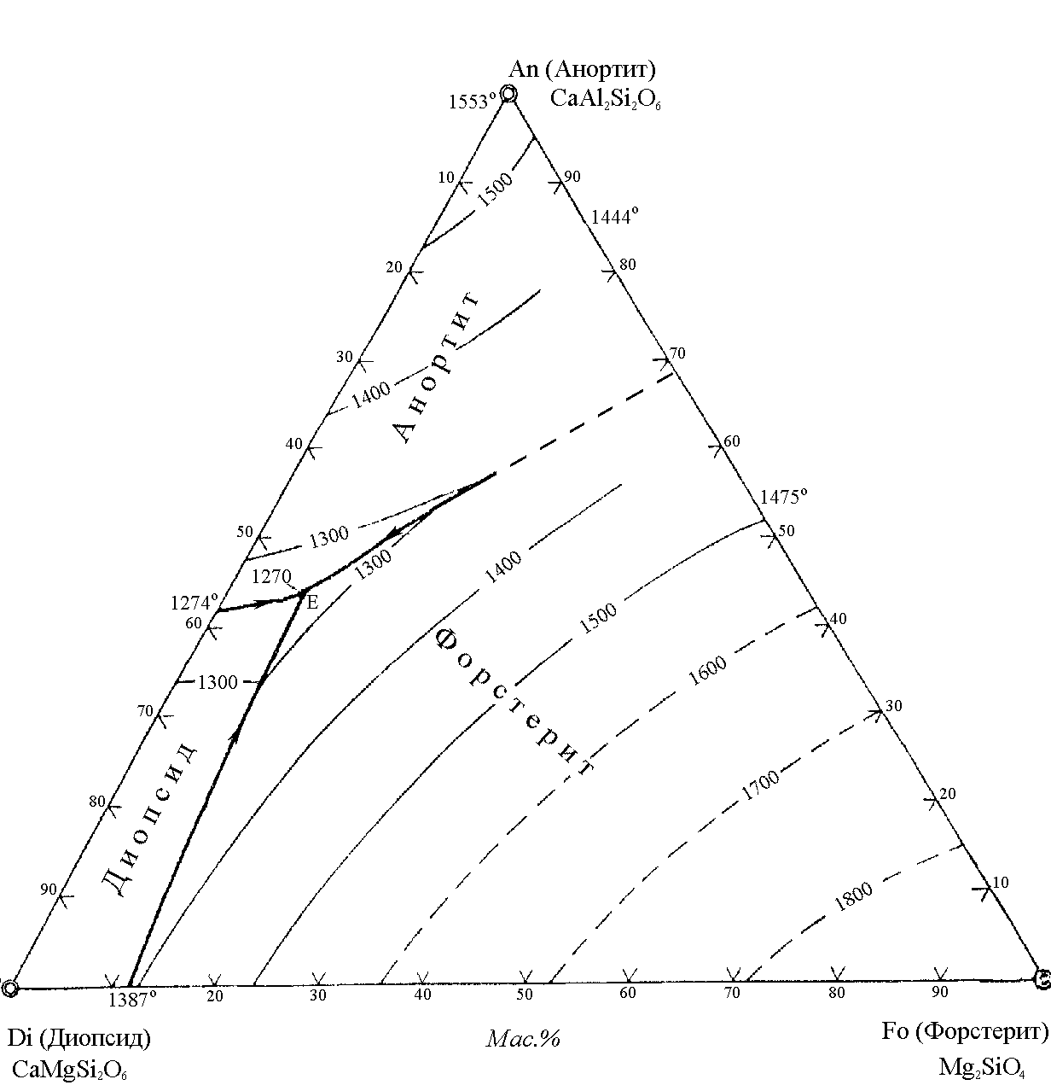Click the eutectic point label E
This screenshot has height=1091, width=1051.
[312, 602]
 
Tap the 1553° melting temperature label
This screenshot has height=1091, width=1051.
[473, 102]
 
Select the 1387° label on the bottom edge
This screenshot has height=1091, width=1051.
[132, 1001]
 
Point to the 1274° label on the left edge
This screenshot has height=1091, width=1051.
[195, 603]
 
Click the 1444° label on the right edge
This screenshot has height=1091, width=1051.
[615, 216]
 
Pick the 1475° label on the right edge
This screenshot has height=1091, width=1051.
[784, 496]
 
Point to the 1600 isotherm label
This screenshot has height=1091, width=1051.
[707, 670]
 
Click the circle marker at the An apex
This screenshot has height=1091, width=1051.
[508, 93]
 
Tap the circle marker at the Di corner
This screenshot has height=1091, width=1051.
[9, 989]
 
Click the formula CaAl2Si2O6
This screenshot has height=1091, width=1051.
[605, 99]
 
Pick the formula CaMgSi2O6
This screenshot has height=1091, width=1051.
[69, 1069]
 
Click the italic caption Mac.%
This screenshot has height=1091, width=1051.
[523, 1039]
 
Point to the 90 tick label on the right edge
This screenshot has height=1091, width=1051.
[572, 177]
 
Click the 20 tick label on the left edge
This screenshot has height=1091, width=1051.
[394, 267]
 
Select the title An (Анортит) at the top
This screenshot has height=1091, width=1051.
[582, 69]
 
